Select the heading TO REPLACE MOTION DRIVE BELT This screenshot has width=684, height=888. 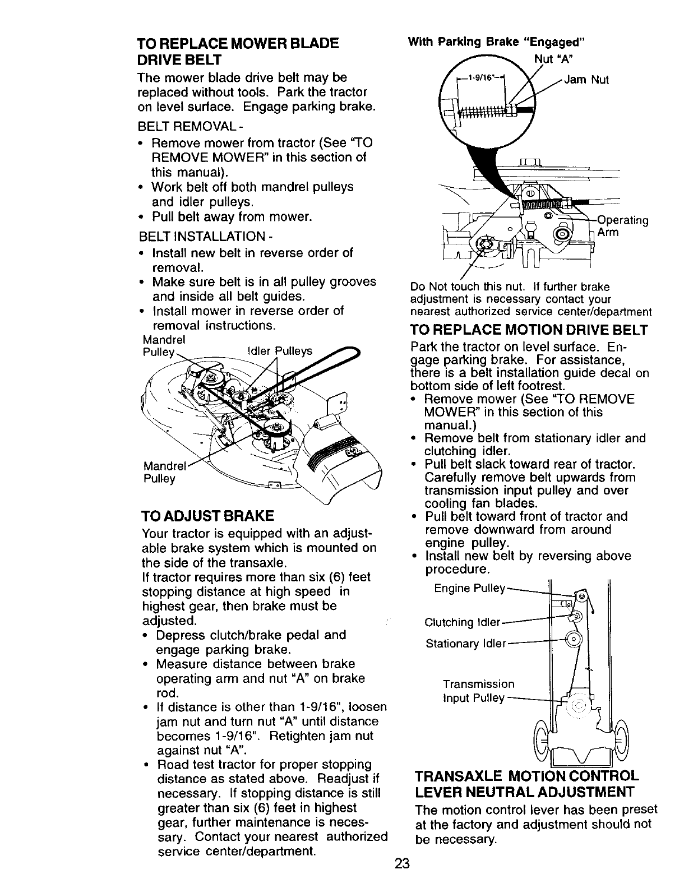tap(529, 330)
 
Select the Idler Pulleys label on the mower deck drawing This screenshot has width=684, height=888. tap(279, 351)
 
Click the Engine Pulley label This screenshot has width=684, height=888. tap(470, 588)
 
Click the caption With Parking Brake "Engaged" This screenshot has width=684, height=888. tap(496, 42)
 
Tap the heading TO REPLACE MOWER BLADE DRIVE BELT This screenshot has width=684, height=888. tap(238, 51)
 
